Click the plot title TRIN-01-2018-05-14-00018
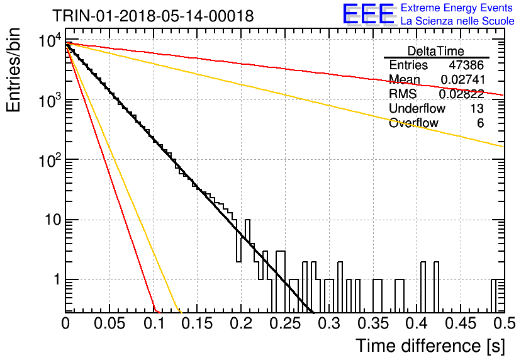(153, 16)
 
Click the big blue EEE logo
(369, 14)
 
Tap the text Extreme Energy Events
(457, 8)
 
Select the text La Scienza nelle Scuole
(457, 21)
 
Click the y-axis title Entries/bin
(13, 70)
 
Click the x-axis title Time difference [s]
(430, 346)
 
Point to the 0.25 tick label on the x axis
(285, 323)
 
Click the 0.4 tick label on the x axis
(417, 323)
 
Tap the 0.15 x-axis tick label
(197, 323)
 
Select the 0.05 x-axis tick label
(109, 323)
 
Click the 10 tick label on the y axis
(53, 220)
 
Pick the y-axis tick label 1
(57, 279)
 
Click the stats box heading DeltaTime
(436, 51)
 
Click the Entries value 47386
(466, 65)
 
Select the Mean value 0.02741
(462, 79)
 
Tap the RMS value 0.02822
(462, 94)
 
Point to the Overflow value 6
(480, 123)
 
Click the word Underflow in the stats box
(417, 108)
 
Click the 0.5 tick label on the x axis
(504, 323)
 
